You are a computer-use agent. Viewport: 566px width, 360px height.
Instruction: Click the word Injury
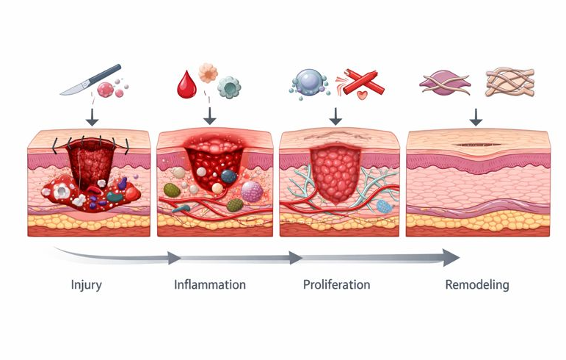(x=87, y=285)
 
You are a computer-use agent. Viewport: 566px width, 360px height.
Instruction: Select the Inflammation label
(x=210, y=284)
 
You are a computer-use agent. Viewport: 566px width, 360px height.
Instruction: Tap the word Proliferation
(x=336, y=284)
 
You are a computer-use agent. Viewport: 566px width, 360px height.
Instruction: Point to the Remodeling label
(x=477, y=285)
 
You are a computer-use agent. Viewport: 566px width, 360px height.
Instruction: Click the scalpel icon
(x=90, y=79)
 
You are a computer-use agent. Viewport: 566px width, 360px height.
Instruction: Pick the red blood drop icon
(x=186, y=84)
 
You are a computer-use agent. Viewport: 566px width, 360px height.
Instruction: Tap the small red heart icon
(x=362, y=95)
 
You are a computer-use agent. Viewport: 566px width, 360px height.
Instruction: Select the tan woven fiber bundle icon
(x=509, y=83)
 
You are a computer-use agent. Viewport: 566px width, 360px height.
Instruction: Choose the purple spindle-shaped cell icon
(x=445, y=83)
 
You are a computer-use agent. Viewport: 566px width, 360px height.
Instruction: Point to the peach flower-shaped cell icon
(x=208, y=73)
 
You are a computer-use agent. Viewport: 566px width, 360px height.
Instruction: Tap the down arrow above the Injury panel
(x=92, y=117)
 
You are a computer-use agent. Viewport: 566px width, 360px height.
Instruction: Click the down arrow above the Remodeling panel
(x=476, y=117)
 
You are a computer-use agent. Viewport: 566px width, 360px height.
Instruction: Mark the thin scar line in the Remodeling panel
(x=478, y=145)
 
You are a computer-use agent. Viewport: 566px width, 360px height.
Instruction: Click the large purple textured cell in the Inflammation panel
(x=252, y=192)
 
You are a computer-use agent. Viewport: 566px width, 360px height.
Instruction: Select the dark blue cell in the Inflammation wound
(x=229, y=176)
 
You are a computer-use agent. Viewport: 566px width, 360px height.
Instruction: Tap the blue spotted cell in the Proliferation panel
(x=384, y=206)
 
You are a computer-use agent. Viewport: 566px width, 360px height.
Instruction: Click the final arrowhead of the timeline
(x=451, y=257)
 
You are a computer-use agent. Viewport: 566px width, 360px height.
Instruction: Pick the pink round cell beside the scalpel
(x=106, y=90)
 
